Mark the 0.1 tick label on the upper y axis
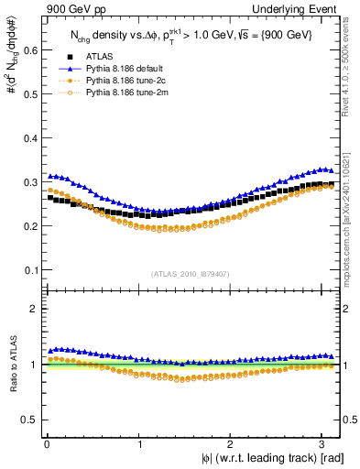click(x=29, y=270)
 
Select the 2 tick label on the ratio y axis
click(x=34, y=309)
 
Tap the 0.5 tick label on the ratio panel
click(x=29, y=420)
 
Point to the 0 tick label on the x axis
click(x=47, y=443)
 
